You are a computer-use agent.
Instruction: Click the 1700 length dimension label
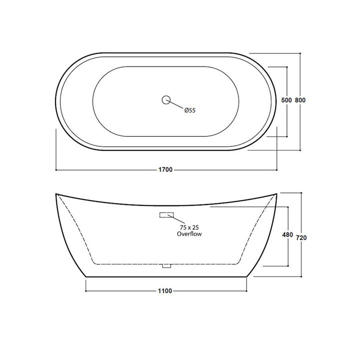[x=165, y=169]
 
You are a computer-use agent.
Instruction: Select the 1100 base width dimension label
[x=165, y=291]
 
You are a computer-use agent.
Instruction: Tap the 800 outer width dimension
[x=300, y=100]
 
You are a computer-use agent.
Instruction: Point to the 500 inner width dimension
[x=286, y=100]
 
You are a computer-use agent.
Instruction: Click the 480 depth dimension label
[x=287, y=234]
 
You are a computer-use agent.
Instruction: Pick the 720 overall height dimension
[x=301, y=237]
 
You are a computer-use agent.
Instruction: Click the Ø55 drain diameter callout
[x=190, y=110]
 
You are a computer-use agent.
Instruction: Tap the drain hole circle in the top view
[x=166, y=99]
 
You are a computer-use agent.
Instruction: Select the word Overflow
[x=189, y=234]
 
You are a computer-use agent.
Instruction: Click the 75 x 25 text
[x=189, y=227]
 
